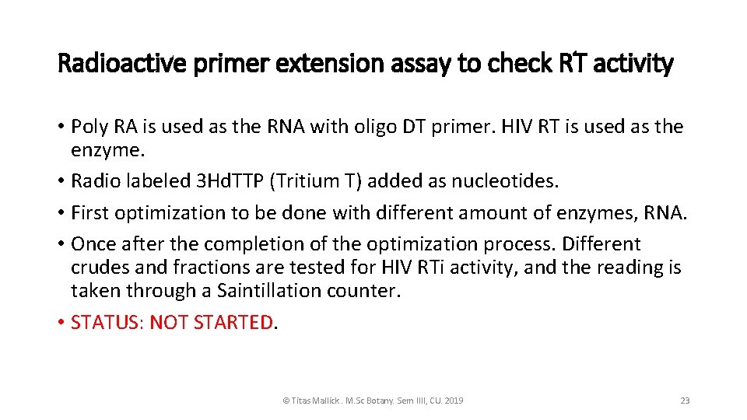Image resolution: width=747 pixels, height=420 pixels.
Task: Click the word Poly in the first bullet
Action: (x=89, y=126)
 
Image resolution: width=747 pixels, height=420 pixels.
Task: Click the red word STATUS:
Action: (x=107, y=323)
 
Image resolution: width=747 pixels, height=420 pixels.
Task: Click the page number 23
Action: (x=685, y=401)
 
